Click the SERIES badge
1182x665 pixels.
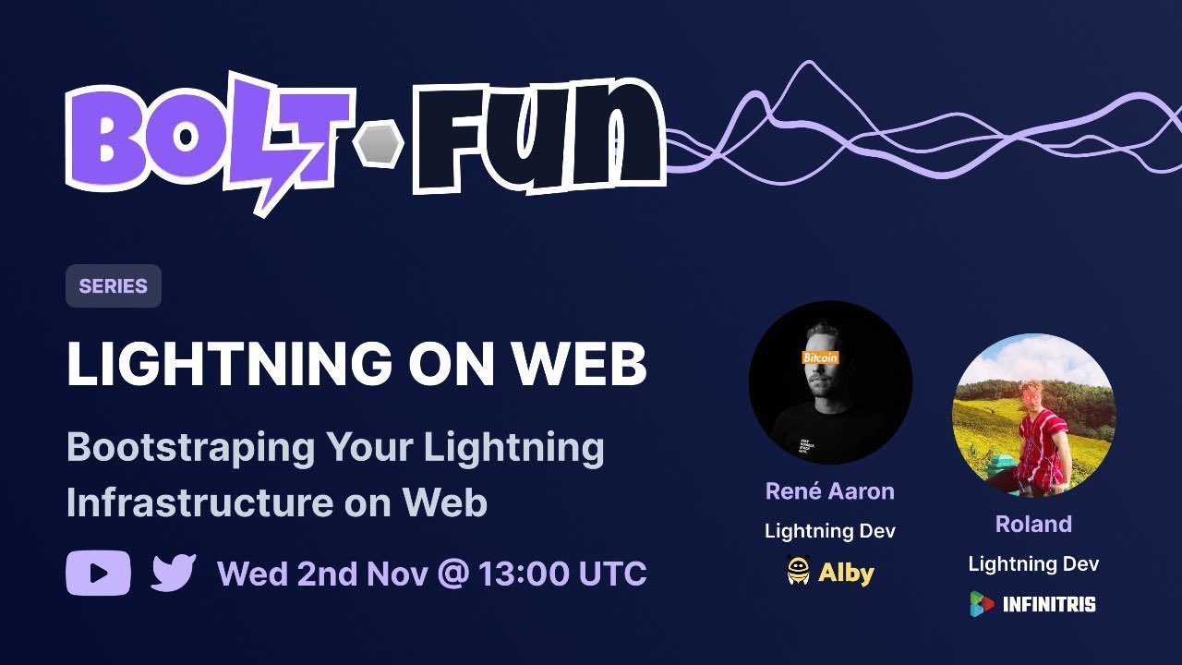click(x=114, y=286)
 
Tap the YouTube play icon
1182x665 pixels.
click(x=98, y=574)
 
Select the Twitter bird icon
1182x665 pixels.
click(x=173, y=573)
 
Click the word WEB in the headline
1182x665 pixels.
click(x=580, y=364)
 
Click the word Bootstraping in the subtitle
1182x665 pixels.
click(x=190, y=449)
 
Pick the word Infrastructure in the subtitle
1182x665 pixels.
click(x=200, y=502)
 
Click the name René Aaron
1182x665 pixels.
click(x=830, y=491)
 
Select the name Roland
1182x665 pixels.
click(x=1033, y=524)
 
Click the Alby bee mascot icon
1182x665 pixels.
click(x=799, y=571)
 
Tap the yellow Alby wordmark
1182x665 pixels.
click(x=847, y=574)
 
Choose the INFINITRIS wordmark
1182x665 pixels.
click(x=1049, y=604)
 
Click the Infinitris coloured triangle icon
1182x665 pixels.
click(x=981, y=604)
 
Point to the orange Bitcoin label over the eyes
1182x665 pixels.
click(x=820, y=357)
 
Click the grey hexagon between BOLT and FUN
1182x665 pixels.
click(x=379, y=144)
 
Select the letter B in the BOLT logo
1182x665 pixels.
click(x=106, y=139)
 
